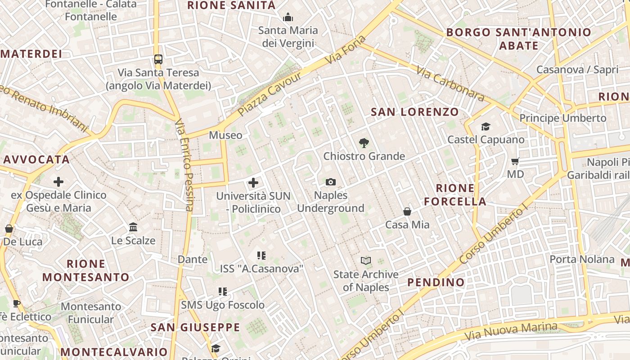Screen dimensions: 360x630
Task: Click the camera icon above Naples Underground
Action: click(331, 182)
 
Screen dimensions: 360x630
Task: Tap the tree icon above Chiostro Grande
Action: click(364, 143)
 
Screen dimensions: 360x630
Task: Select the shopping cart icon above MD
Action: click(515, 161)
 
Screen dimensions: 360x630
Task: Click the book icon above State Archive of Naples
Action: click(366, 261)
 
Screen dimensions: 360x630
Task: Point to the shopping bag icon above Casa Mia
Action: click(407, 211)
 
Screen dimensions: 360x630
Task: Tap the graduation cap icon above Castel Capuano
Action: click(486, 126)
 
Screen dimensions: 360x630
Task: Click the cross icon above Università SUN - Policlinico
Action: click(253, 183)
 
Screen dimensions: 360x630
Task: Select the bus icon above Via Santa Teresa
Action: click(158, 59)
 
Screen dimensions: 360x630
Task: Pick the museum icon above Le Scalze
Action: click(133, 227)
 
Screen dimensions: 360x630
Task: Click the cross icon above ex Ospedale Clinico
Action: click(58, 182)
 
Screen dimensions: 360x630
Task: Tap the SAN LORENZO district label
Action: click(414, 112)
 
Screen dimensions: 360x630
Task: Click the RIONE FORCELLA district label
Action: click(455, 194)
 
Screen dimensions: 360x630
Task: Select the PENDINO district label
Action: click(436, 283)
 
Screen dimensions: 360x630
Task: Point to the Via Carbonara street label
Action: click(450, 84)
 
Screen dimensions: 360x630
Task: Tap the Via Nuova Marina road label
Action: click(511, 331)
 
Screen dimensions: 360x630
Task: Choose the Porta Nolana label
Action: click(582, 259)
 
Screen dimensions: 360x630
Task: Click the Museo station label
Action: click(225, 135)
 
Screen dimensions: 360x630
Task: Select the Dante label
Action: click(193, 259)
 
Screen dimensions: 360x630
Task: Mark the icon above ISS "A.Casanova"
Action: click(261, 256)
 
